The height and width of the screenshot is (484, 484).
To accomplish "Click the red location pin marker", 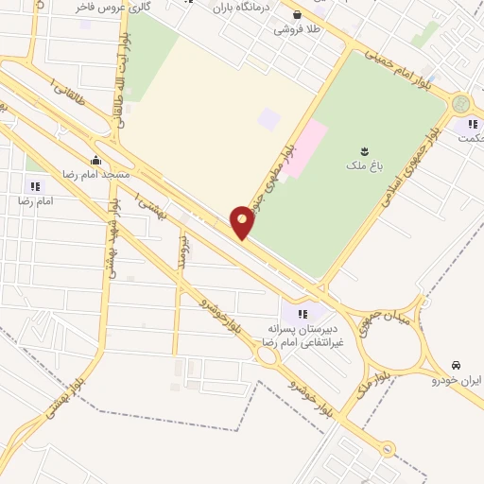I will coord(242,222).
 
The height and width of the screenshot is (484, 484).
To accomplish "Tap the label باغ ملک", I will coord(363,166).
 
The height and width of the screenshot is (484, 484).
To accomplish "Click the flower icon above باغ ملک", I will coord(363,150).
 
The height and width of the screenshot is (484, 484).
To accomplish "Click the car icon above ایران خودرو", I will coord(457,365).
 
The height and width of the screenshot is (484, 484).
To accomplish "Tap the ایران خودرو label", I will coord(457,380).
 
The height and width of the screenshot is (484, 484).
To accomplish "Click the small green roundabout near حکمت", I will coord(460,103).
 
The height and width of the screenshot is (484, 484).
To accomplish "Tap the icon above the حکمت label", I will coord(470,122).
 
